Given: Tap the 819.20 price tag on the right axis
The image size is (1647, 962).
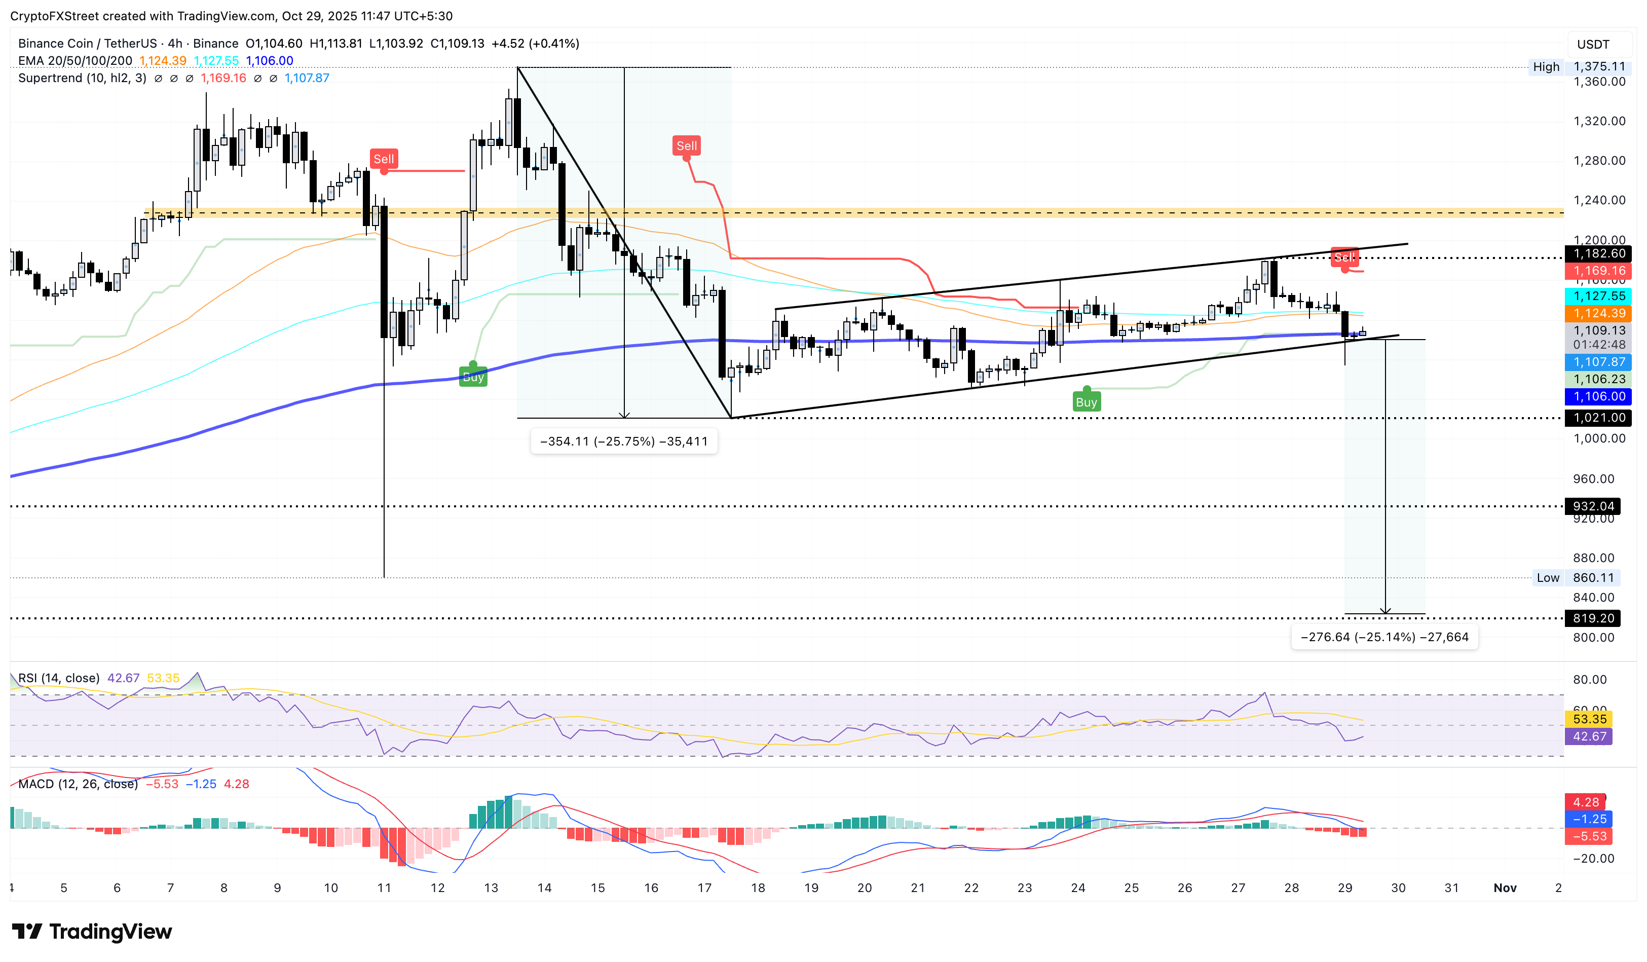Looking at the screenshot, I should pos(1593,618).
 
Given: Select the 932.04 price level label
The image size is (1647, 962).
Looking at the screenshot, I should pos(1593,506).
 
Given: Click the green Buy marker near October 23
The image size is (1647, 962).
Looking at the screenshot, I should pos(1086,402).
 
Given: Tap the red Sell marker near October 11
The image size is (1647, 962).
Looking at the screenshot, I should pos(384,159).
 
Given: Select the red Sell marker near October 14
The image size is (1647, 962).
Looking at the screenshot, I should pos(686,146).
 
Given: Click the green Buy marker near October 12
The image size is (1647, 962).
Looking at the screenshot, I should pos(473,377).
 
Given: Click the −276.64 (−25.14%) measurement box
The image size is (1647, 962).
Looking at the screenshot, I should pos(1384,637).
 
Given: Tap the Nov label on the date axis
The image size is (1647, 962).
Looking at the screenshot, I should pos(1505,887).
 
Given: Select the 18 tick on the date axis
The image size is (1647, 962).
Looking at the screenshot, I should pos(758,887).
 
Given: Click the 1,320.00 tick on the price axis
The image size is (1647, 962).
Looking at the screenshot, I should pos(1599,121).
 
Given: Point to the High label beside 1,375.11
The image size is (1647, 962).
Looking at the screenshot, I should pos(1546,67).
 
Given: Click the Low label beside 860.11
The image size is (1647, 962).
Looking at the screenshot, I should pos(1548,578).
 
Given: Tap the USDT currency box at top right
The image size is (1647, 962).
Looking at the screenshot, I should pos(1593,45).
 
